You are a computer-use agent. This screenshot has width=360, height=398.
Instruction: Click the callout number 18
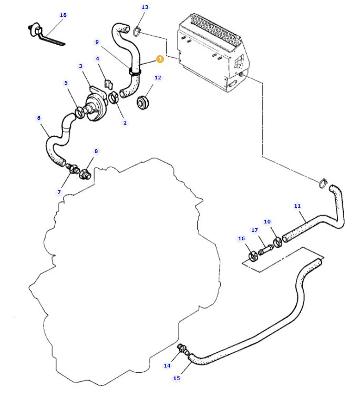click(x=63, y=15)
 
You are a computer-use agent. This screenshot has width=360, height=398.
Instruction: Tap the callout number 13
click(x=145, y=7)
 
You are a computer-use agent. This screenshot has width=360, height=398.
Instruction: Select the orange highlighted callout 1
click(x=160, y=59)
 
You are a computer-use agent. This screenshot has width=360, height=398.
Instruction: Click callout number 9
click(x=97, y=42)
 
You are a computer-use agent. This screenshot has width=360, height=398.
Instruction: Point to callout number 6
click(x=39, y=118)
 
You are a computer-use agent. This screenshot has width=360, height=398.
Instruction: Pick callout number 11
click(x=297, y=206)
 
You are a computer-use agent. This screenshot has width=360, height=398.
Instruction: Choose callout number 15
click(x=177, y=378)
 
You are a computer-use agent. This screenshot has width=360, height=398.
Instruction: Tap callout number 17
click(x=254, y=230)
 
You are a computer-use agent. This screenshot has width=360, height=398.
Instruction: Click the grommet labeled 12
click(x=142, y=102)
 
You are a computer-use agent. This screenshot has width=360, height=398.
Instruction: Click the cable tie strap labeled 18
click(x=47, y=38)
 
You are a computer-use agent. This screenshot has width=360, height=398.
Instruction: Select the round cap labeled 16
click(x=253, y=257)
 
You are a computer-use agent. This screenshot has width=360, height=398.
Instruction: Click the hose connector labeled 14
click(x=182, y=348)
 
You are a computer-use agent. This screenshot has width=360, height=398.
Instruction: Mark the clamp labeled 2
click(x=114, y=98)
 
